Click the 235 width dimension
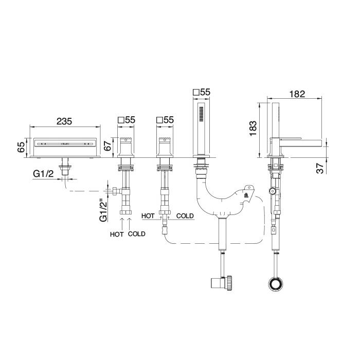pyautogui.click(x=64, y=121)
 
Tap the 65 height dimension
pyautogui.click(x=21, y=147)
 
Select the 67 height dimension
pyautogui.click(x=107, y=145)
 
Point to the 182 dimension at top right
pyautogui.click(x=297, y=94)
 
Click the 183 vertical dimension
pyautogui.click(x=253, y=128)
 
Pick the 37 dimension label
pyautogui.click(x=319, y=168)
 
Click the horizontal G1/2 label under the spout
pyautogui.click(x=43, y=174)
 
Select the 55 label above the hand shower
pyautogui.click(x=205, y=92)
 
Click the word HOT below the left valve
pyautogui.click(x=117, y=234)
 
